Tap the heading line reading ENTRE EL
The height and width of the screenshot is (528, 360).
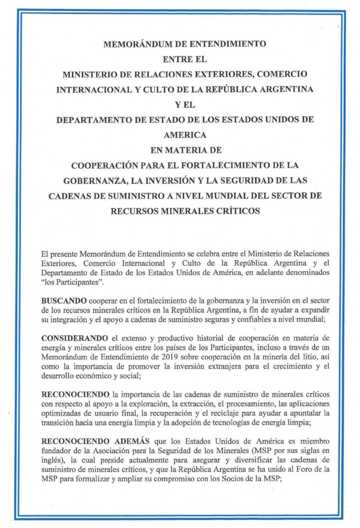[185, 59]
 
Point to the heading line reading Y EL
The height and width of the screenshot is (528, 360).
[185, 105]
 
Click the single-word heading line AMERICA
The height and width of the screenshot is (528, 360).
[185, 135]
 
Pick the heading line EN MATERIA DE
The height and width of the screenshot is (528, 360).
[185, 150]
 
